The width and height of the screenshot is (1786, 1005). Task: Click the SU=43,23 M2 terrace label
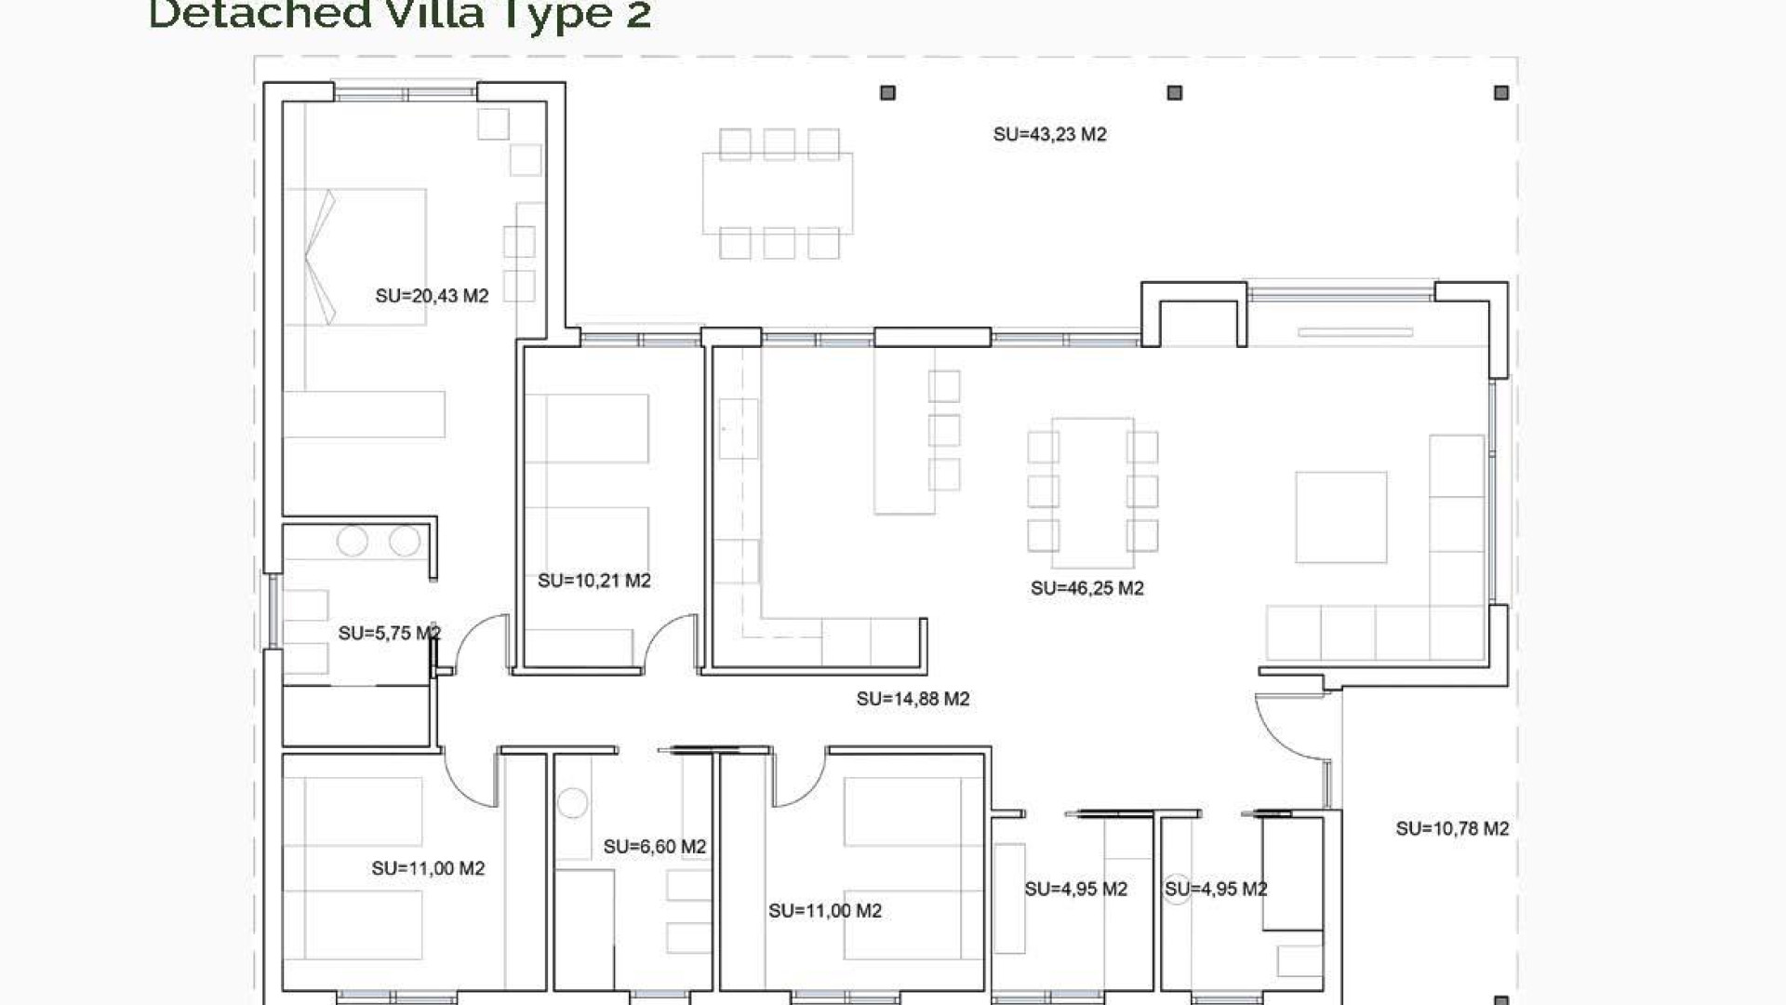tap(1049, 135)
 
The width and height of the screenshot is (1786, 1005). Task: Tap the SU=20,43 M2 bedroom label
tap(432, 296)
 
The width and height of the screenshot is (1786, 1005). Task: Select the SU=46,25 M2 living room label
tap(1086, 588)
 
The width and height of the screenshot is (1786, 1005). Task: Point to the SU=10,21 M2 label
tap(593, 581)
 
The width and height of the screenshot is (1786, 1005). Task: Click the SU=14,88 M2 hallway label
tap(913, 699)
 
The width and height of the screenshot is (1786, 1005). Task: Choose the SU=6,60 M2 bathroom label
tap(654, 847)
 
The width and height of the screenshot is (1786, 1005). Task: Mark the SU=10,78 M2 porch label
tap(1451, 828)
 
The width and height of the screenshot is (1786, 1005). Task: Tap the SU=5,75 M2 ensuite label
tap(389, 634)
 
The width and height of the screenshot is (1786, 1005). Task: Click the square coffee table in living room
tap(1340, 517)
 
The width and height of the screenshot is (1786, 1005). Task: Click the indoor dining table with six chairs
tap(1092, 491)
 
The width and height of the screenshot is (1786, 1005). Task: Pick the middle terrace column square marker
tap(1174, 93)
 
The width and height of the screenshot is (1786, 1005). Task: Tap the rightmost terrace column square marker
tap(1500, 93)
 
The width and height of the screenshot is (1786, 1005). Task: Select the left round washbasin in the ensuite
tap(352, 541)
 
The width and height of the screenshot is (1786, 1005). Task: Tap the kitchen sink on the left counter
tap(739, 428)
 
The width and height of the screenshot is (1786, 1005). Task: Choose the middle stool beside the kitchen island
tap(943, 430)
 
